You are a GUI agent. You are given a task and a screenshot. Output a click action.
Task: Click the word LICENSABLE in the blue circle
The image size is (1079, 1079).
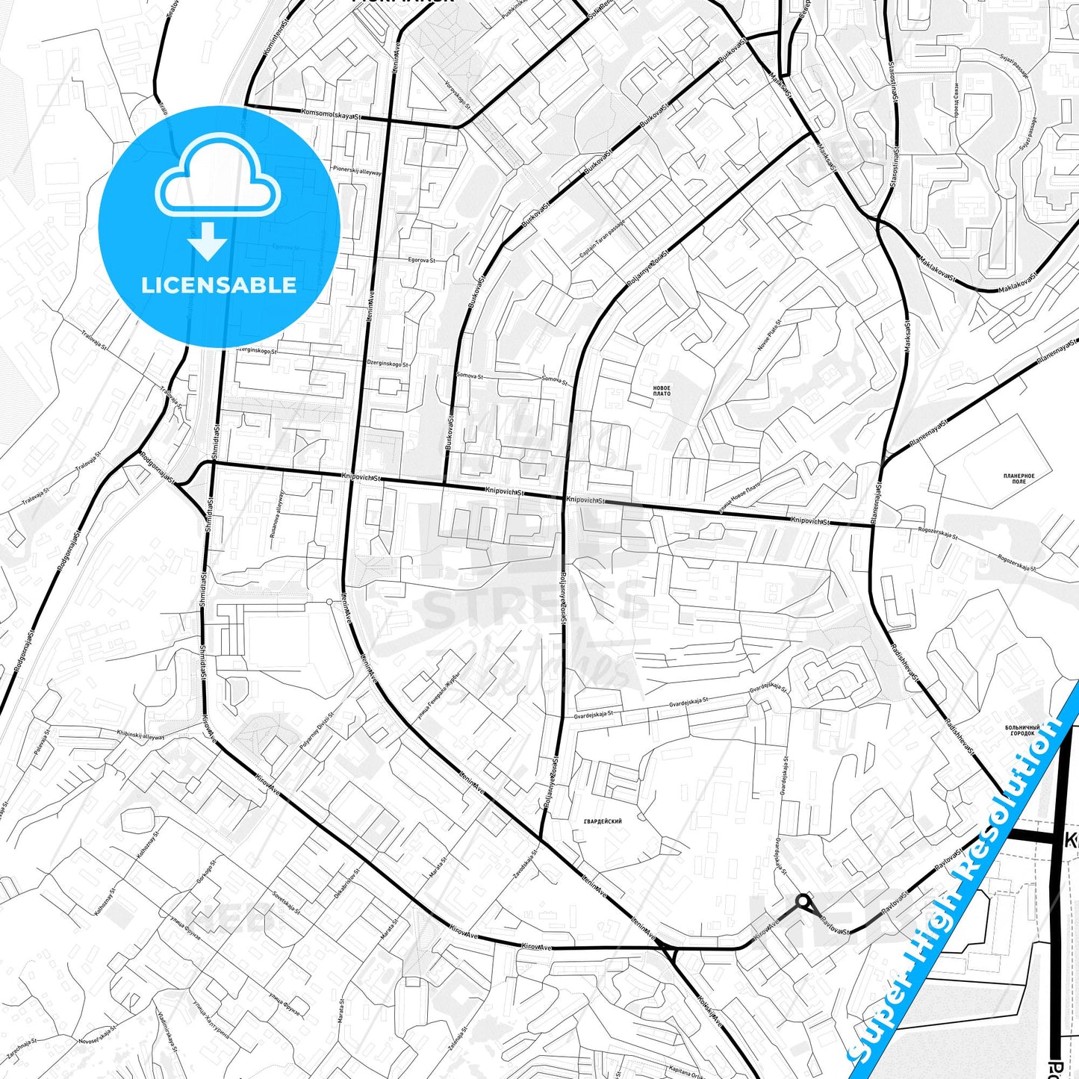tap(219, 284)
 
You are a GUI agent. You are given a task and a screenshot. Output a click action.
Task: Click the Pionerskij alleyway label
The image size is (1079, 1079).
tap(357, 170)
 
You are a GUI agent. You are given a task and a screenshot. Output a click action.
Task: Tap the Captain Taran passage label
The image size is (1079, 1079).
tap(601, 240)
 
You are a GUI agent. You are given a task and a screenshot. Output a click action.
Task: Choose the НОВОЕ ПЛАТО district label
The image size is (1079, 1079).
tap(662, 391)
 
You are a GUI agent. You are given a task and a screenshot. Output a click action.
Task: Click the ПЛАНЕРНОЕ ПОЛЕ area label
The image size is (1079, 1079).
tap(1019, 479)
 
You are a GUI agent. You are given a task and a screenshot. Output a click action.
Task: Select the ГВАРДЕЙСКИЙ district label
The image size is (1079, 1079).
tap(603, 821)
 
